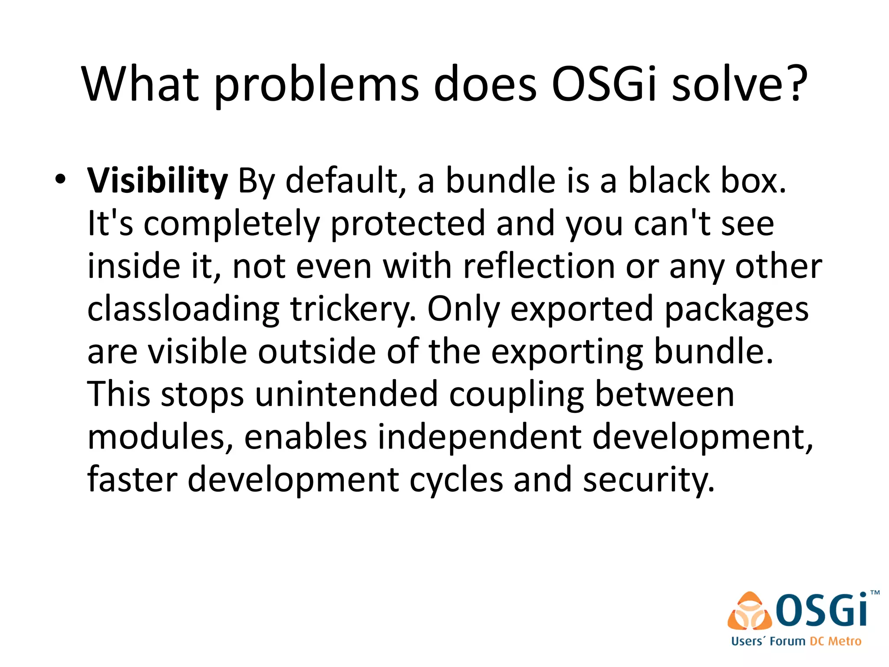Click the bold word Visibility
(157, 181)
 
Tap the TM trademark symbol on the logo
(875, 593)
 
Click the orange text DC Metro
(835, 641)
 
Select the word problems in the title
(316, 85)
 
